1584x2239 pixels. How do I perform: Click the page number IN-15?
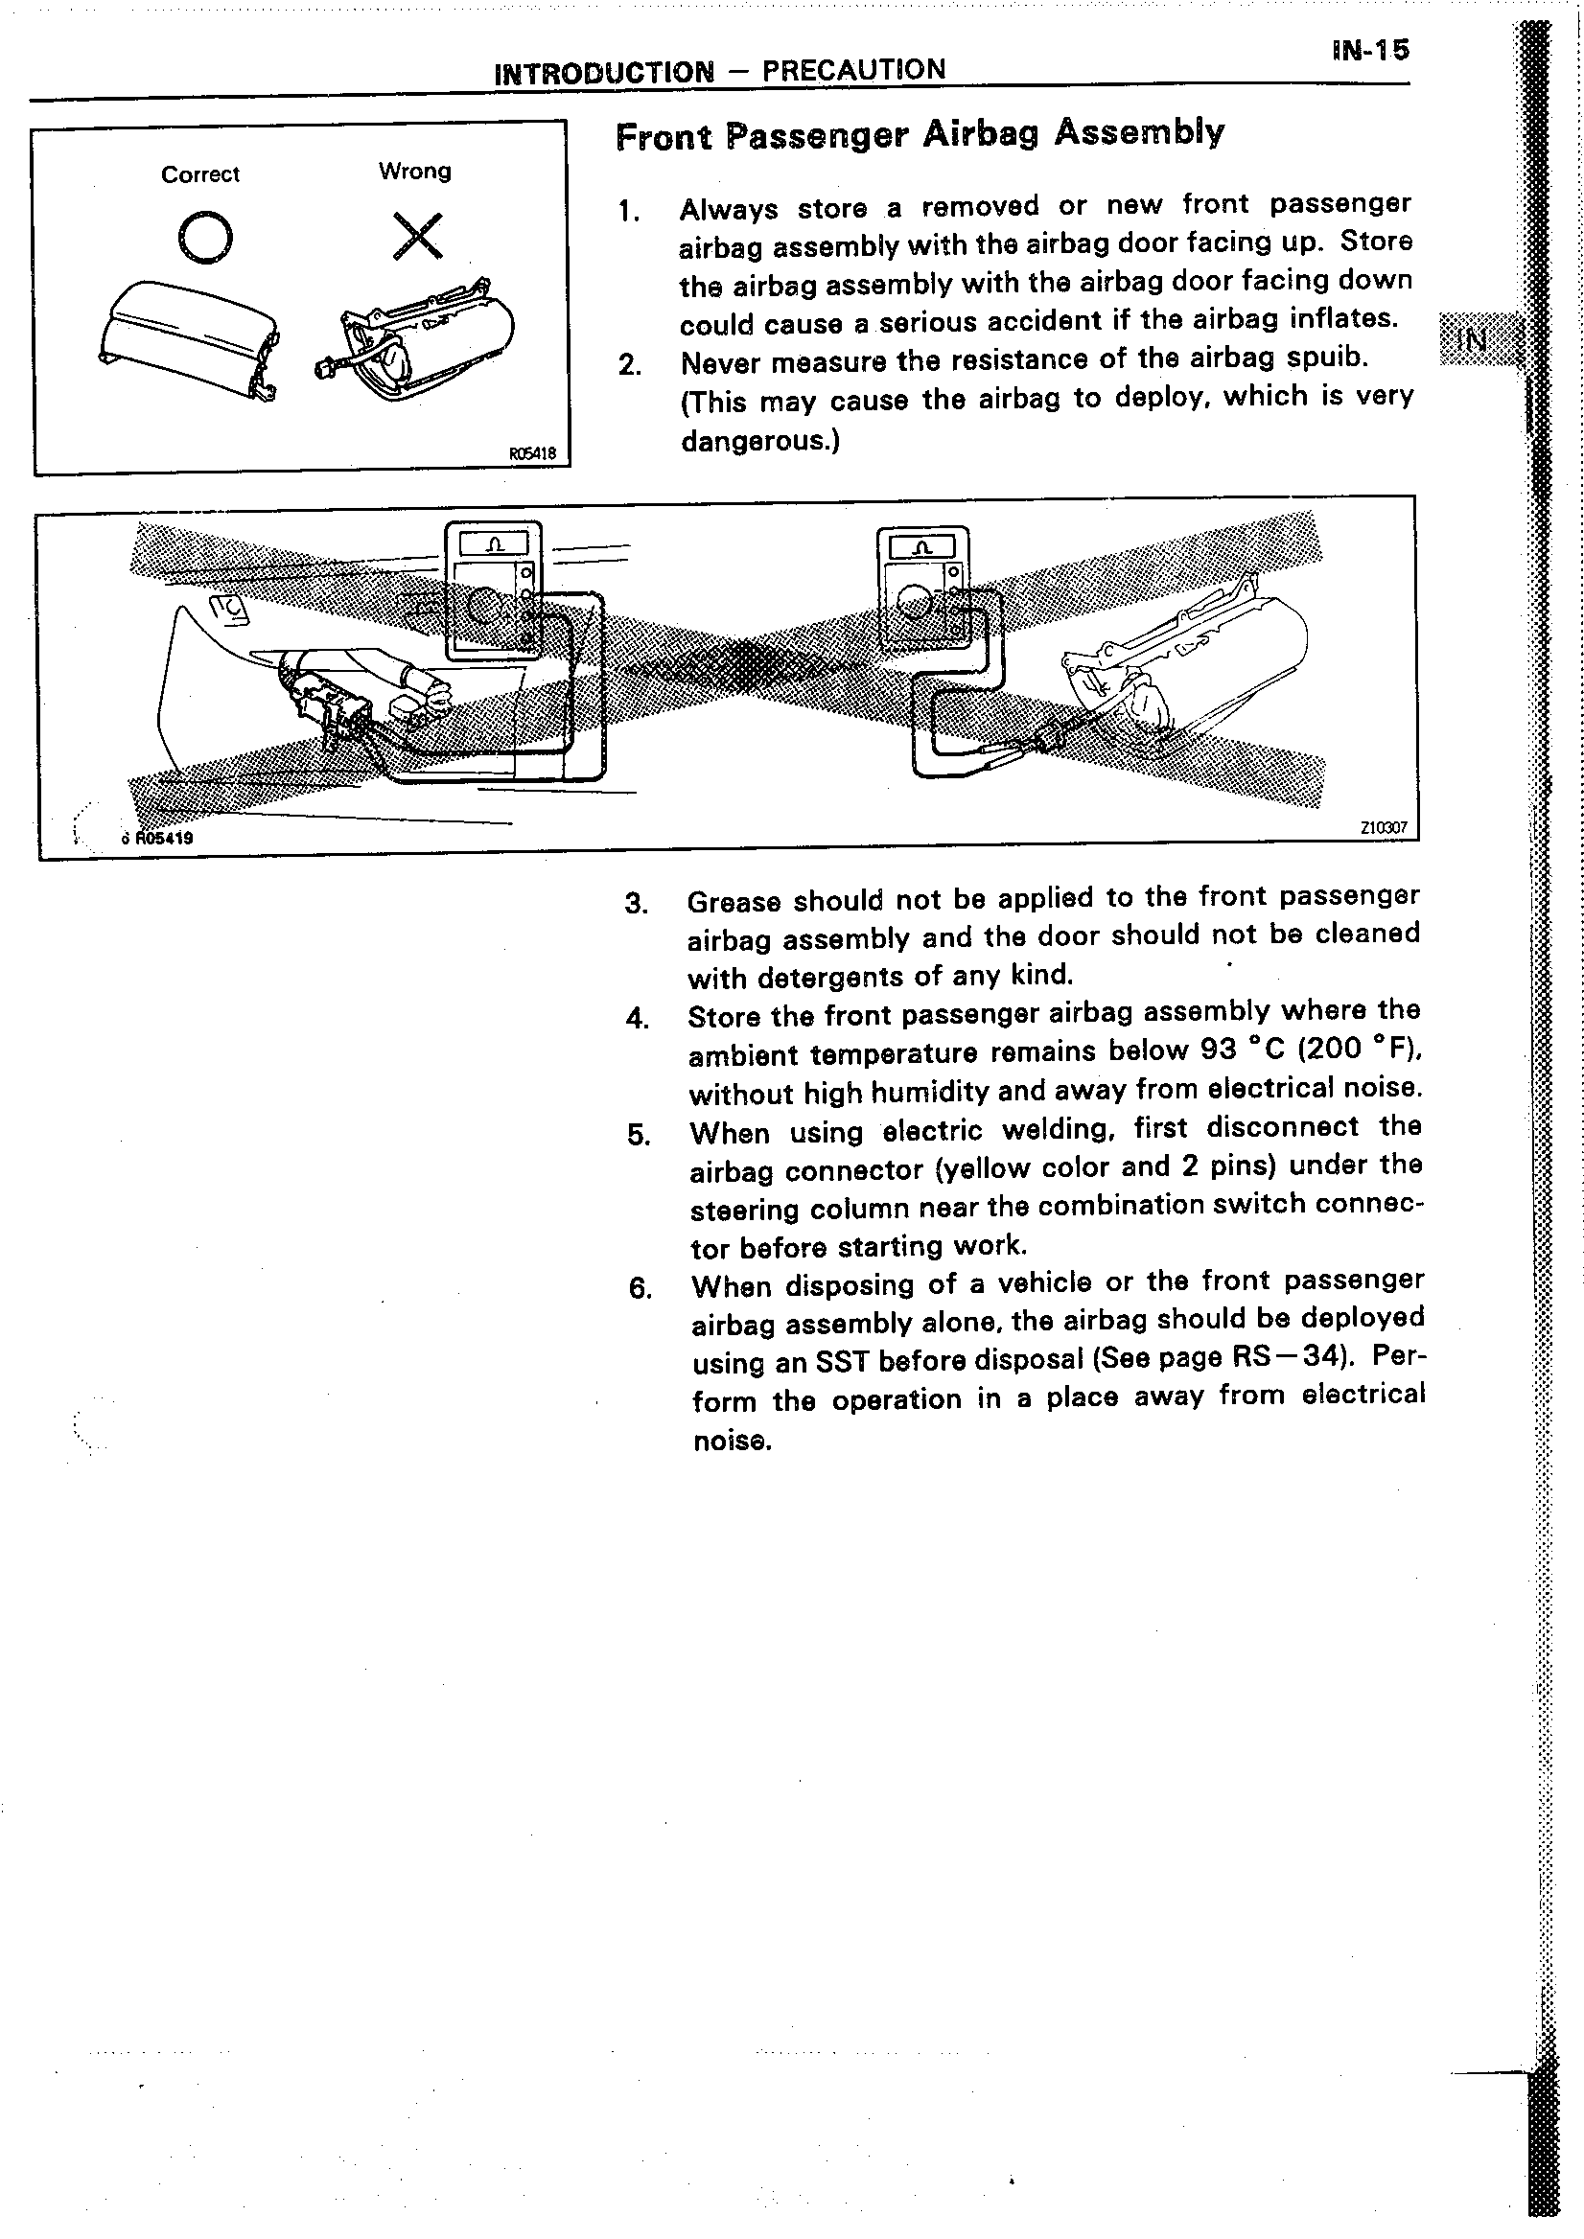pyautogui.click(x=1369, y=51)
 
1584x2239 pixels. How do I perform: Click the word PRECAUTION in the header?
pyautogui.click(x=853, y=70)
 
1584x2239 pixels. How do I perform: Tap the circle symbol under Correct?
pyautogui.click(x=206, y=238)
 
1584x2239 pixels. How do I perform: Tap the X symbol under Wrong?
pyautogui.click(x=417, y=237)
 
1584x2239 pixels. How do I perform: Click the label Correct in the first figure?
pyautogui.click(x=200, y=174)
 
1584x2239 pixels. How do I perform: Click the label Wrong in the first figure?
pyautogui.click(x=414, y=172)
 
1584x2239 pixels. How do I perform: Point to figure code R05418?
pyautogui.click(x=531, y=453)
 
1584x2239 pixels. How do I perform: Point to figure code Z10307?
pyautogui.click(x=1383, y=828)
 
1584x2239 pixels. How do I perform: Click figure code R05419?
pyautogui.click(x=163, y=838)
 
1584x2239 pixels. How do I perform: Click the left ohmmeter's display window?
pyautogui.click(x=494, y=543)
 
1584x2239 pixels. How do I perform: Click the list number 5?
pyautogui.click(x=638, y=1135)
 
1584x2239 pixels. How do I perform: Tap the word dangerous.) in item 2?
pyautogui.click(x=759, y=442)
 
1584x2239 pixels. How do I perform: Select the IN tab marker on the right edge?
pyautogui.click(x=1472, y=340)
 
